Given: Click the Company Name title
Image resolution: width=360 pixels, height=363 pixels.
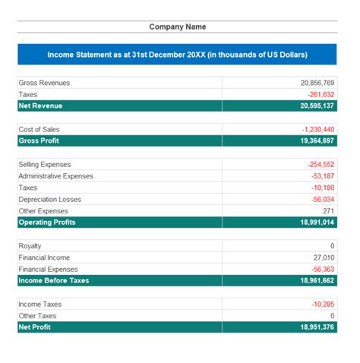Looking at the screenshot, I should point(177,27).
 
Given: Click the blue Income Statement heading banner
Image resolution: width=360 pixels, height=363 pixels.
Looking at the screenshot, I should point(177,55).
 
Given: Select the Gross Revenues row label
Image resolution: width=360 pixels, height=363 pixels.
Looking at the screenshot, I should point(44,83).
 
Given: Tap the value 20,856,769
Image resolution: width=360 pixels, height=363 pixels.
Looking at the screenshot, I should point(317,83).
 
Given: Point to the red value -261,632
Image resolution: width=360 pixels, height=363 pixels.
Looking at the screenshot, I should point(319,94).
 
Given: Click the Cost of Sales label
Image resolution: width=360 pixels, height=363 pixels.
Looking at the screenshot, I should point(39,129).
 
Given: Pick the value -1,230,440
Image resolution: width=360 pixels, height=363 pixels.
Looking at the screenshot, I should point(317,129).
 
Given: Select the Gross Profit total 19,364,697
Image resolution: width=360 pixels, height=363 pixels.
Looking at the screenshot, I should point(317,140).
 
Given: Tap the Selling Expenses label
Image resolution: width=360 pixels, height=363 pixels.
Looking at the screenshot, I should point(45,164).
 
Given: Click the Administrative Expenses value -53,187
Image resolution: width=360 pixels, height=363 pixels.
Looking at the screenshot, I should point(322,175).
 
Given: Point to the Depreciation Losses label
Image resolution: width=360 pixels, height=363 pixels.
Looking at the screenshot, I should point(50,199).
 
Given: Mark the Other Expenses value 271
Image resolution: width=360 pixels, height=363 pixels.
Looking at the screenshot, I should point(328,210).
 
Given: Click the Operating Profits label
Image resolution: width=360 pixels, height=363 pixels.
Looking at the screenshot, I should point(47,223).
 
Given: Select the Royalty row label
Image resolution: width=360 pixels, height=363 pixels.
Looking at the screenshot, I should point(30,246).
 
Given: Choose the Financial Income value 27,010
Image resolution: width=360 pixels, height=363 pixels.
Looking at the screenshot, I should point(324,257).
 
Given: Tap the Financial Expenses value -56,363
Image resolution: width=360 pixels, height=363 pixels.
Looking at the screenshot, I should point(322,269).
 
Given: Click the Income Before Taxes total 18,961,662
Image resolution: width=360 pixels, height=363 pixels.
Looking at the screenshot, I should point(317,280).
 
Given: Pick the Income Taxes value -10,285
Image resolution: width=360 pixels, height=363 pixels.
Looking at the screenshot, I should point(322,304).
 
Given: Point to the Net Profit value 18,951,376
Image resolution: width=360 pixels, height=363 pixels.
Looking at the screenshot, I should point(317,327).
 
